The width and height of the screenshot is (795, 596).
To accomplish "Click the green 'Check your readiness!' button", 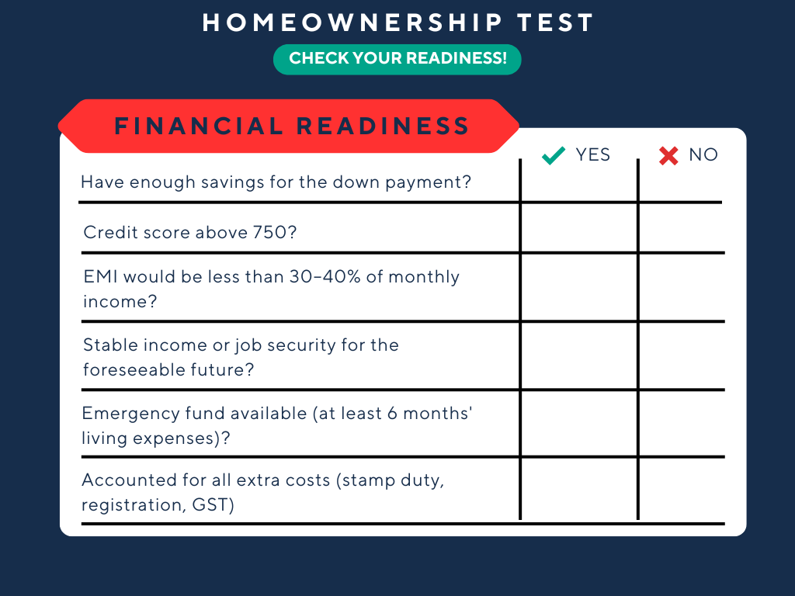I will (x=397, y=59).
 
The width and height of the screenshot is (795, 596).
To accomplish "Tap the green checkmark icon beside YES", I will (x=554, y=156).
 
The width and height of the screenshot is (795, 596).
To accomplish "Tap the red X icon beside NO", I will (x=668, y=156).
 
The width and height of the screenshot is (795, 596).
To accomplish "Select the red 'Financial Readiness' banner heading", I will (x=291, y=126).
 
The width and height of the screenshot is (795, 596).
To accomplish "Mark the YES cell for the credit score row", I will (x=578, y=228).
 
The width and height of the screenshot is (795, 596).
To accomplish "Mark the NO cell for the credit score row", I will (x=681, y=228).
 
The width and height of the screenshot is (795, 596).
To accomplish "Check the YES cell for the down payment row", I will (x=578, y=183).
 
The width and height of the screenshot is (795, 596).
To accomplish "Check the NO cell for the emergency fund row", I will (x=681, y=424).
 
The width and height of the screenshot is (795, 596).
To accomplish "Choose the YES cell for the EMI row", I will (x=578, y=287).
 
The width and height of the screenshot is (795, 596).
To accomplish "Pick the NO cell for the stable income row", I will (x=681, y=355).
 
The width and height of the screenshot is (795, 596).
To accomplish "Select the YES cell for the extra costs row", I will (x=578, y=490).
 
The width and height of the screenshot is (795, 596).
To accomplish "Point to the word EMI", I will (x=99, y=277).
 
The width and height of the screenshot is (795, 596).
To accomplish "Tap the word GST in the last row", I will (x=218, y=505).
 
